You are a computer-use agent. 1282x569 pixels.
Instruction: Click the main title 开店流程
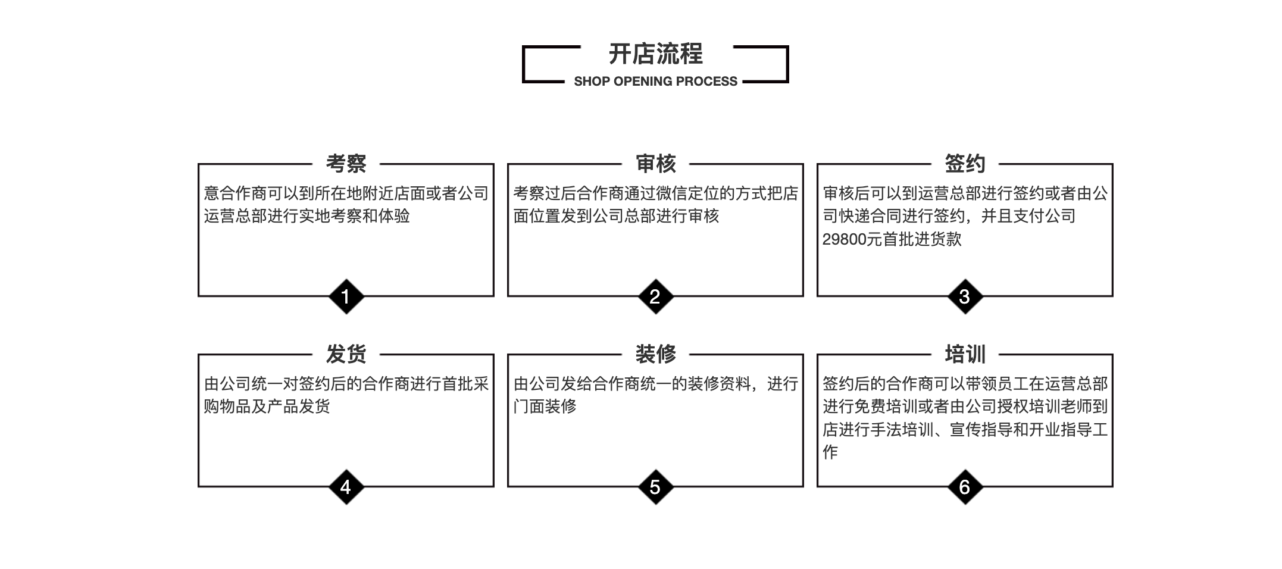click(655, 54)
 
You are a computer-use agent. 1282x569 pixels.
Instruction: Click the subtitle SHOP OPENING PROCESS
click(655, 82)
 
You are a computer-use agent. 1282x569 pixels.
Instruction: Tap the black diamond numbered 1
click(346, 296)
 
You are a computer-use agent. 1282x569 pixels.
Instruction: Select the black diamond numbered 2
click(655, 296)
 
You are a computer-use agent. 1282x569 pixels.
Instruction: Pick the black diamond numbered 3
click(965, 296)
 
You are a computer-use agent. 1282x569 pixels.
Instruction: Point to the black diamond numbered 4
click(346, 487)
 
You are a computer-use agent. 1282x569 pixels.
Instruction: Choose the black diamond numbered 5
click(655, 487)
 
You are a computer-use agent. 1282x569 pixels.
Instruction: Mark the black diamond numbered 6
click(965, 487)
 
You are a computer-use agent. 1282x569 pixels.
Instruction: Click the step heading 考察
click(346, 164)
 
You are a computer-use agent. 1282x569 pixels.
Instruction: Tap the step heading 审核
click(655, 164)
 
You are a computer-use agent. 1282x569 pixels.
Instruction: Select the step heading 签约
click(965, 164)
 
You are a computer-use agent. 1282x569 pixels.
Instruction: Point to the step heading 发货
click(346, 354)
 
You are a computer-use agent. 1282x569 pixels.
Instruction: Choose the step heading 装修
click(655, 354)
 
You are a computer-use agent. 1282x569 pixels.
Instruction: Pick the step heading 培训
click(965, 354)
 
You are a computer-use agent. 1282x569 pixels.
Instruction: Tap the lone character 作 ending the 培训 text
click(830, 452)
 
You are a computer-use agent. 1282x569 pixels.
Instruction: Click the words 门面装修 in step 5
click(545, 406)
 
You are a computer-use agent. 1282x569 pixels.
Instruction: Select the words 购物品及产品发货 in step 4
click(267, 406)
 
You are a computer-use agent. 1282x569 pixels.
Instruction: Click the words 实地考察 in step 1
click(330, 215)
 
